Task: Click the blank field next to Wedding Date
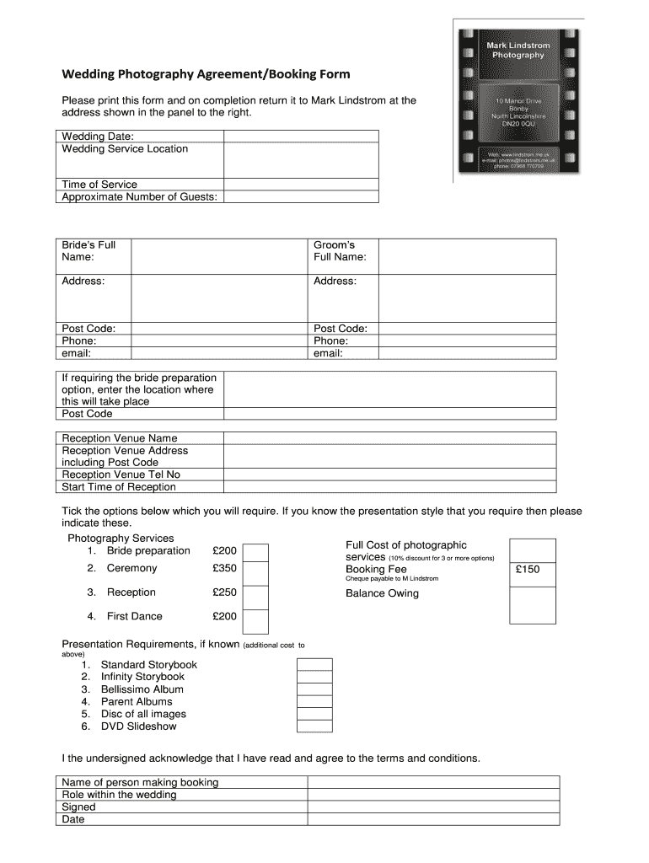[301, 137]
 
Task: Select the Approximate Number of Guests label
[140, 196]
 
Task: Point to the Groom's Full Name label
[340, 251]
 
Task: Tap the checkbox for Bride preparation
[255, 552]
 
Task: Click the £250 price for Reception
[225, 592]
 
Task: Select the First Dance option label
[135, 616]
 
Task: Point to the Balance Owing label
[382, 593]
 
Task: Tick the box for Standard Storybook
[314, 665]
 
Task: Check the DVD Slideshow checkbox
[314, 726]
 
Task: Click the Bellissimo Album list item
[142, 689]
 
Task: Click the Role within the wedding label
[120, 795]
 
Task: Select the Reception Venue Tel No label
[121, 474]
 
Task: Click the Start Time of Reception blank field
[389, 486]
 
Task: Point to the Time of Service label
[99, 185]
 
